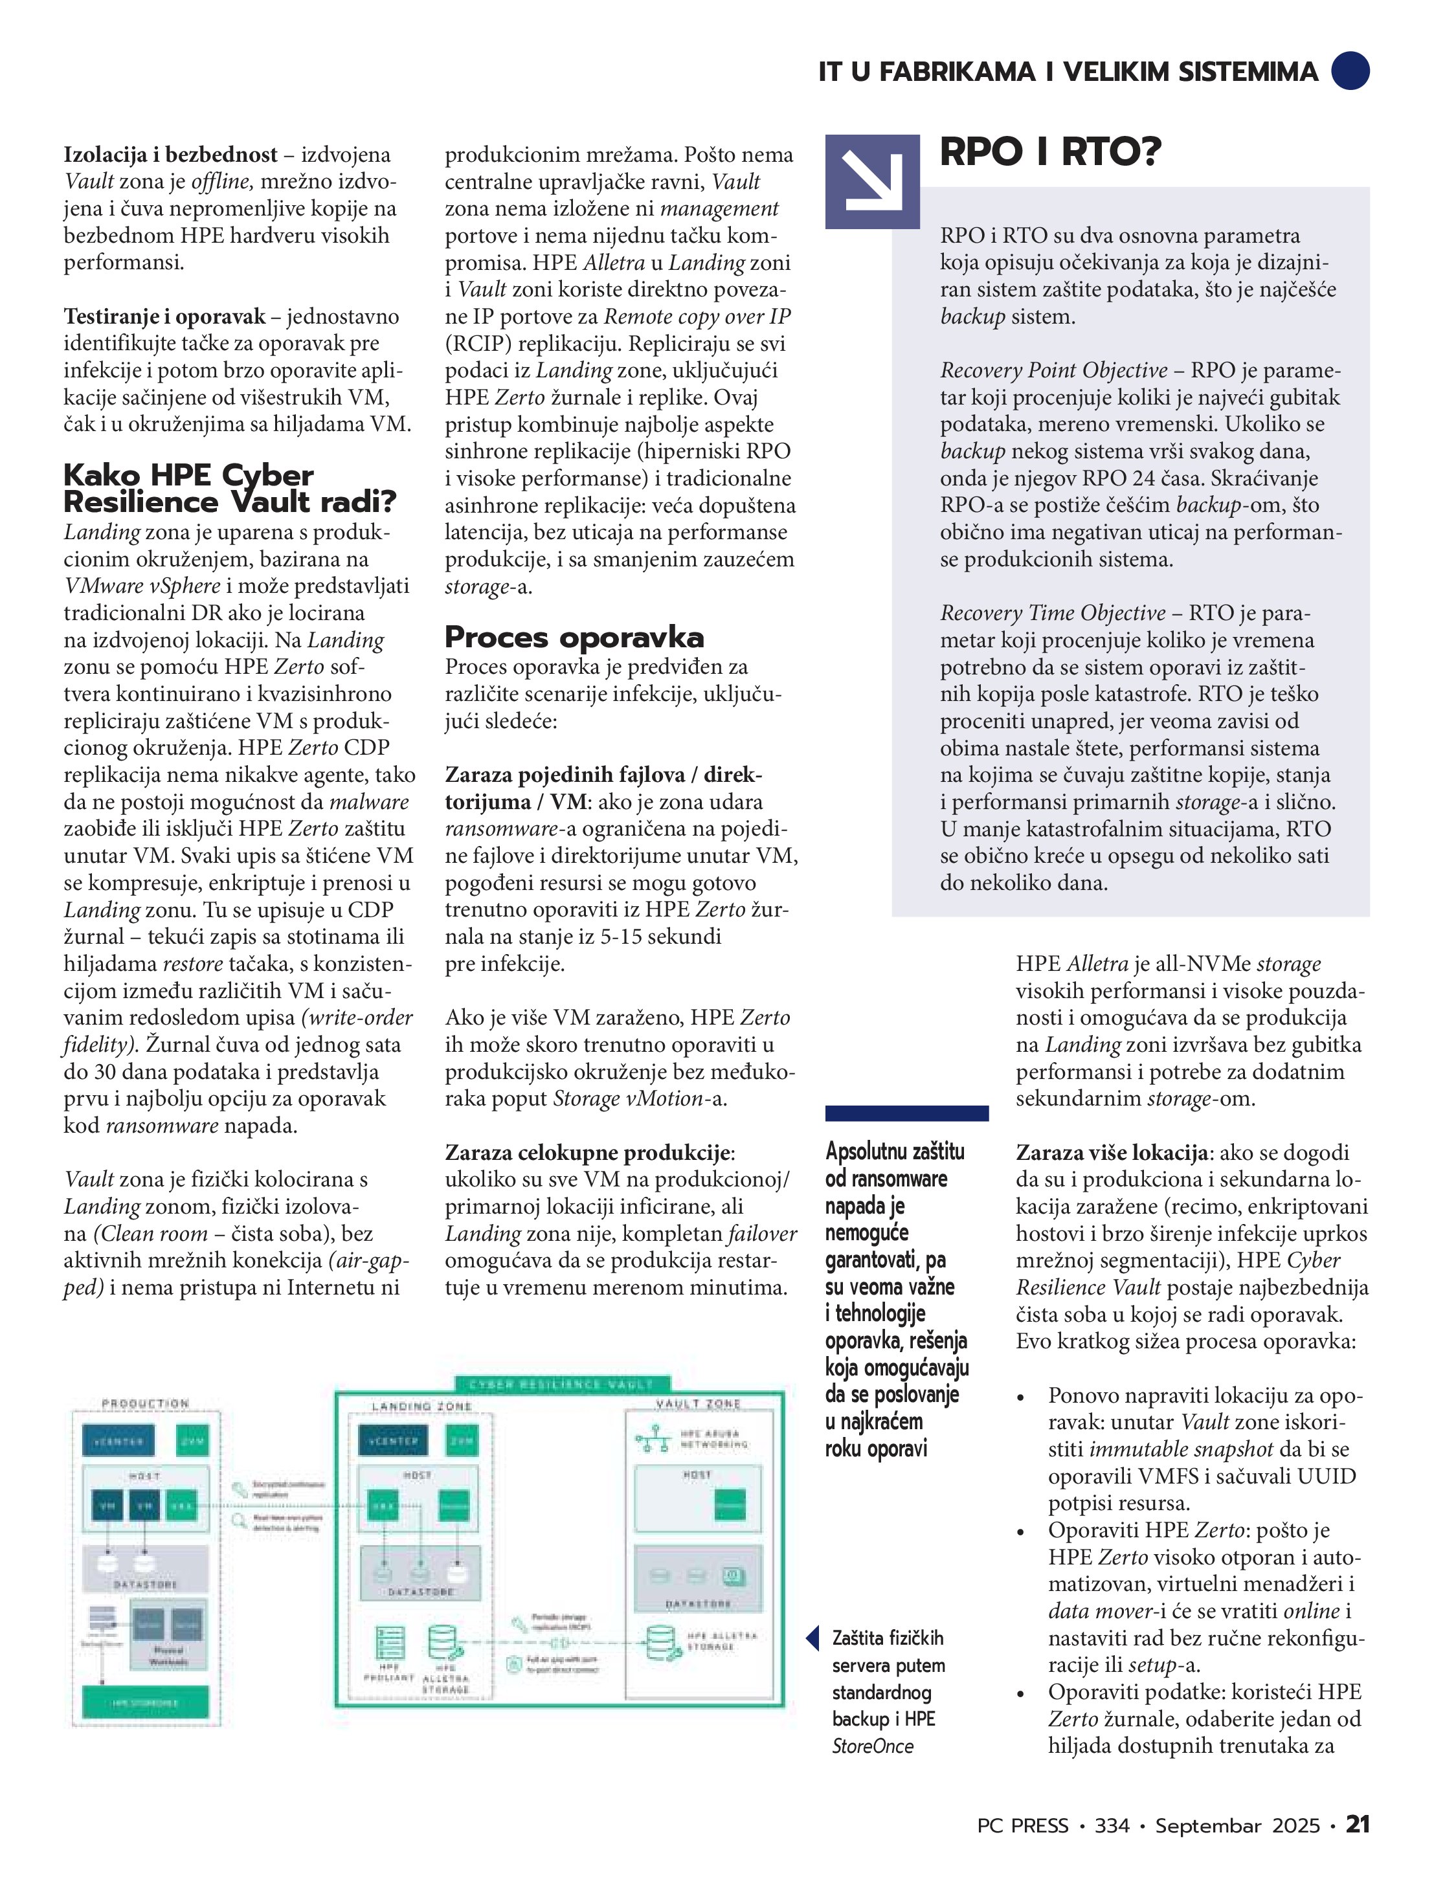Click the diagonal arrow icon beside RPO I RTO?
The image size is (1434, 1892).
pos(873,181)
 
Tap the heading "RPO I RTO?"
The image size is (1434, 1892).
pos(1050,152)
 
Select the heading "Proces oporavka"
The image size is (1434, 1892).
pos(574,637)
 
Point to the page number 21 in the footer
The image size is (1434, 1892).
pos(1357,1825)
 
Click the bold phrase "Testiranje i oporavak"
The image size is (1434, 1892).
pos(164,317)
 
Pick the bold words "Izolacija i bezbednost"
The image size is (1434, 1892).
pos(170,155)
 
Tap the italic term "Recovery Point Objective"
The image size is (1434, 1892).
pos(1053,370)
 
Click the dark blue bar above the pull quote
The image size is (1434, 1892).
pos(906,1113)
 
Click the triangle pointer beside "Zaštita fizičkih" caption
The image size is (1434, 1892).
pos(813,1638)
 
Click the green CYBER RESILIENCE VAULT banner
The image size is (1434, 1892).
pos(561,1384)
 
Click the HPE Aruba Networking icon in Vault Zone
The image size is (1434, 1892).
pos(653,1439)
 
